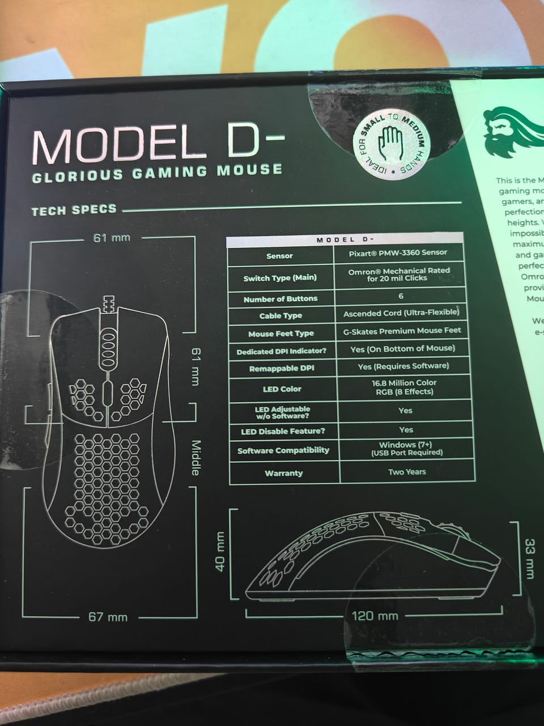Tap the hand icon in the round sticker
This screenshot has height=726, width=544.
point(390,139)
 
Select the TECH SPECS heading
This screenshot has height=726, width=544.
point(74,211)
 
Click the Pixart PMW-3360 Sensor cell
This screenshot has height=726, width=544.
point(398,252)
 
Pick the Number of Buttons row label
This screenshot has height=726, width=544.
point(280,299)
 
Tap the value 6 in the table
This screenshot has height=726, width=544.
point(401,296)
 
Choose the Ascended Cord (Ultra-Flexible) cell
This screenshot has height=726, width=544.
point(401,313)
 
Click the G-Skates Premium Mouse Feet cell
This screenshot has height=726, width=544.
point(402,330)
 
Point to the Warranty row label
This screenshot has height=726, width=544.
point(283,473)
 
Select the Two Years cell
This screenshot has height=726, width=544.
point(407,471)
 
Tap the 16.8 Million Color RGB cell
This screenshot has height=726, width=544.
point(403,387)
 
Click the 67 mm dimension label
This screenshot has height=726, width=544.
point(108,617)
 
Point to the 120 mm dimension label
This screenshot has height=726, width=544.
point(375,615)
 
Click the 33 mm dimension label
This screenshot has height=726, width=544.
point(529,558)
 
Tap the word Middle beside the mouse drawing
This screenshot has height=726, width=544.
point(195,458)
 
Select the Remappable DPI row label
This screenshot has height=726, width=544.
point(281,369)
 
